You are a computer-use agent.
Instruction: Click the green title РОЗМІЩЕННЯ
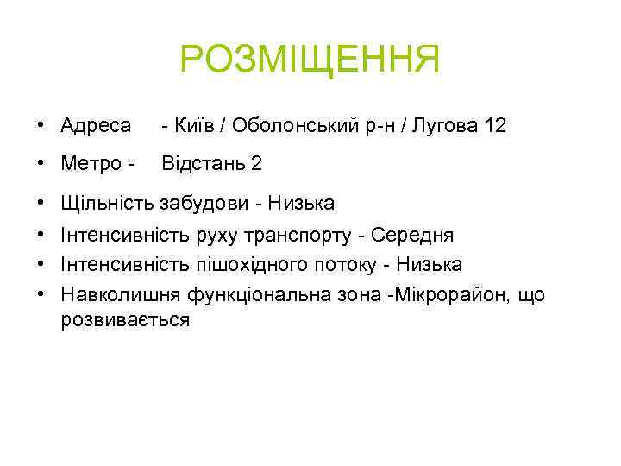(310, 60)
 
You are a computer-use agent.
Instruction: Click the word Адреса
(96, 126)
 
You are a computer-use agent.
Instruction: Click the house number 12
(496, 126)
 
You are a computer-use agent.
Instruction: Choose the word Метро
(91, 163)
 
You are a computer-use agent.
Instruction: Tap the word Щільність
(108, 204)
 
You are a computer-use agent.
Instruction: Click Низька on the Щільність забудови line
(301, 204)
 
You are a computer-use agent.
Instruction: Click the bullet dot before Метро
(41, 164)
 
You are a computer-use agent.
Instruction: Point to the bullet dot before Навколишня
(41, 295)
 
